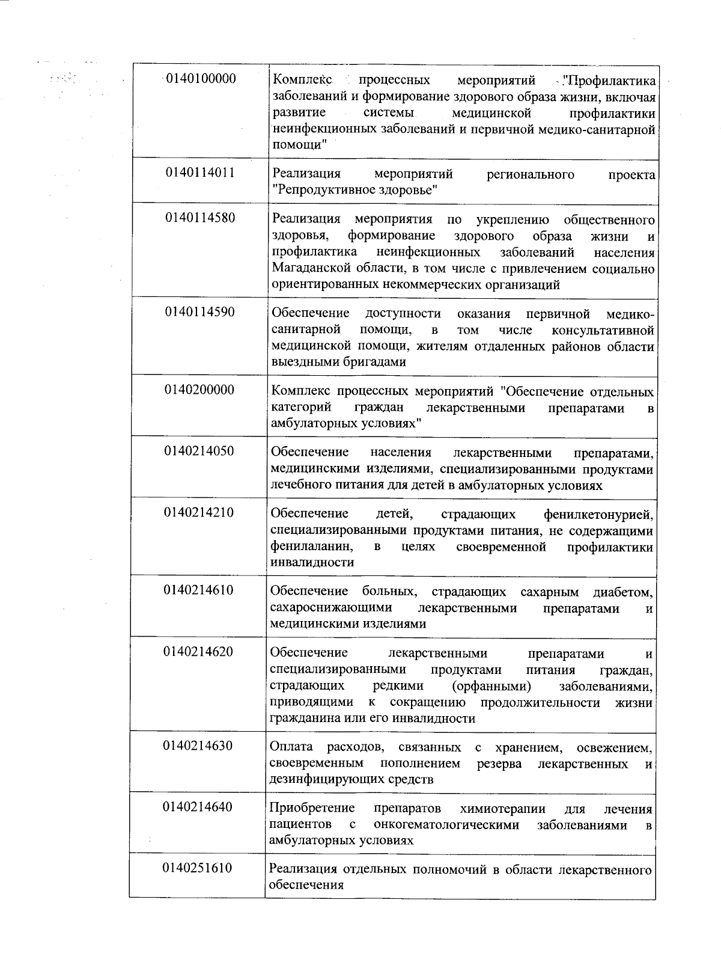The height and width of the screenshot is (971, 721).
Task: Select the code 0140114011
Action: (x=200, y=173)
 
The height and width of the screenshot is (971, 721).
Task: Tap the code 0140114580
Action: (x=200, y=218)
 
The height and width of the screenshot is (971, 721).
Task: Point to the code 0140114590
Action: (x=200, y=312)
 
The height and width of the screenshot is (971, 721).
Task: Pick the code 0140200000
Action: (x=199, y=390)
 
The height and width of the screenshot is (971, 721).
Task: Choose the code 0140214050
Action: (x=199, y=452)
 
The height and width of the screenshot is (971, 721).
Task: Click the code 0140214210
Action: (x=199, y=513)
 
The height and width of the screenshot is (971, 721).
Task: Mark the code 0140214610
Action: (x=199, y=590)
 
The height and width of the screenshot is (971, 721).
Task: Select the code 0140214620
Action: (x=198, y=652)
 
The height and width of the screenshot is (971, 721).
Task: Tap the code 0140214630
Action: (x=198, y=746)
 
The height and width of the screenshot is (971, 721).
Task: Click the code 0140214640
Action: (x=198, y=807)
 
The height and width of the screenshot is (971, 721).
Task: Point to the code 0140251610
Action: (x=198, y=868)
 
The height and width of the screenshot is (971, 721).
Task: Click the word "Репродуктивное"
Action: (x=320, y=190)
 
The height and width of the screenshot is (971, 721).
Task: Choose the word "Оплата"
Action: (x=291, y=747)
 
